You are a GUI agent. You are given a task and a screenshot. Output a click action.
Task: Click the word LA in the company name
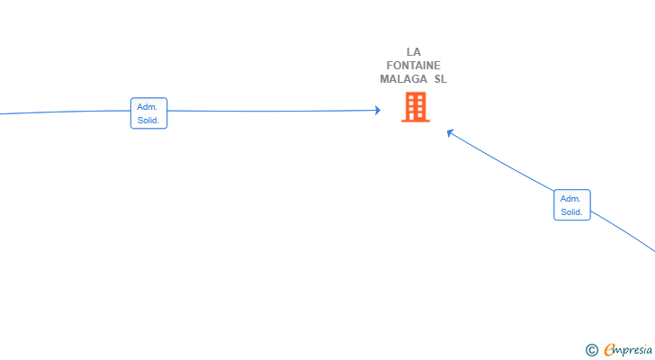tap(414, 52)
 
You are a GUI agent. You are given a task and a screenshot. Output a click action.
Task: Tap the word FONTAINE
tap(414, 66)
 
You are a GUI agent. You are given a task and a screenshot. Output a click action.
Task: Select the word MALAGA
tap(403, 79)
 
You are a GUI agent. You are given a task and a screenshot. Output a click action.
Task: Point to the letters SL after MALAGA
tap(440, 79)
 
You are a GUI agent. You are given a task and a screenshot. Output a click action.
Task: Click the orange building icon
tap(416, 107)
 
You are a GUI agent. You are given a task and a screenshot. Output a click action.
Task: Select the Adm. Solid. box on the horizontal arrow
tap(148, 113)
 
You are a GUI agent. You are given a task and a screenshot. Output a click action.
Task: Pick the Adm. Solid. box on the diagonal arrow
tap(572, 204)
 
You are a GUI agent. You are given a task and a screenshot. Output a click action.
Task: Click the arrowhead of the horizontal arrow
tap(378, 111)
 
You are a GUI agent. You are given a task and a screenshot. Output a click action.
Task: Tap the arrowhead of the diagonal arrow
tap(450, 133)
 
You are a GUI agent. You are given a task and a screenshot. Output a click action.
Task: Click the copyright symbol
tap(591, 350)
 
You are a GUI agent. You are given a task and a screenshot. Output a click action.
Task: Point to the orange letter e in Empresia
tap(609, 349)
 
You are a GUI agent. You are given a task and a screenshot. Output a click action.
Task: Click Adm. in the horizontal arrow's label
tap(147, 107)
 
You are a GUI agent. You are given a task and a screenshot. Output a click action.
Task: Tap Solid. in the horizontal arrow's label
tap(148, 121)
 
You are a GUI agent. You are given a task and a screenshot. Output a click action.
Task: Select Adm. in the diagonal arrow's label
tap(570, 198)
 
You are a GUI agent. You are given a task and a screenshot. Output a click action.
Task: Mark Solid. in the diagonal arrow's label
tap(571, 211)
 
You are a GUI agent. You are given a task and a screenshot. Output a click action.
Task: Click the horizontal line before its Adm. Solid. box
tap(65, 112)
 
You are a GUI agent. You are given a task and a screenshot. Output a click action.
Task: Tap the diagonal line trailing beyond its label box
tap(624, 230)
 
